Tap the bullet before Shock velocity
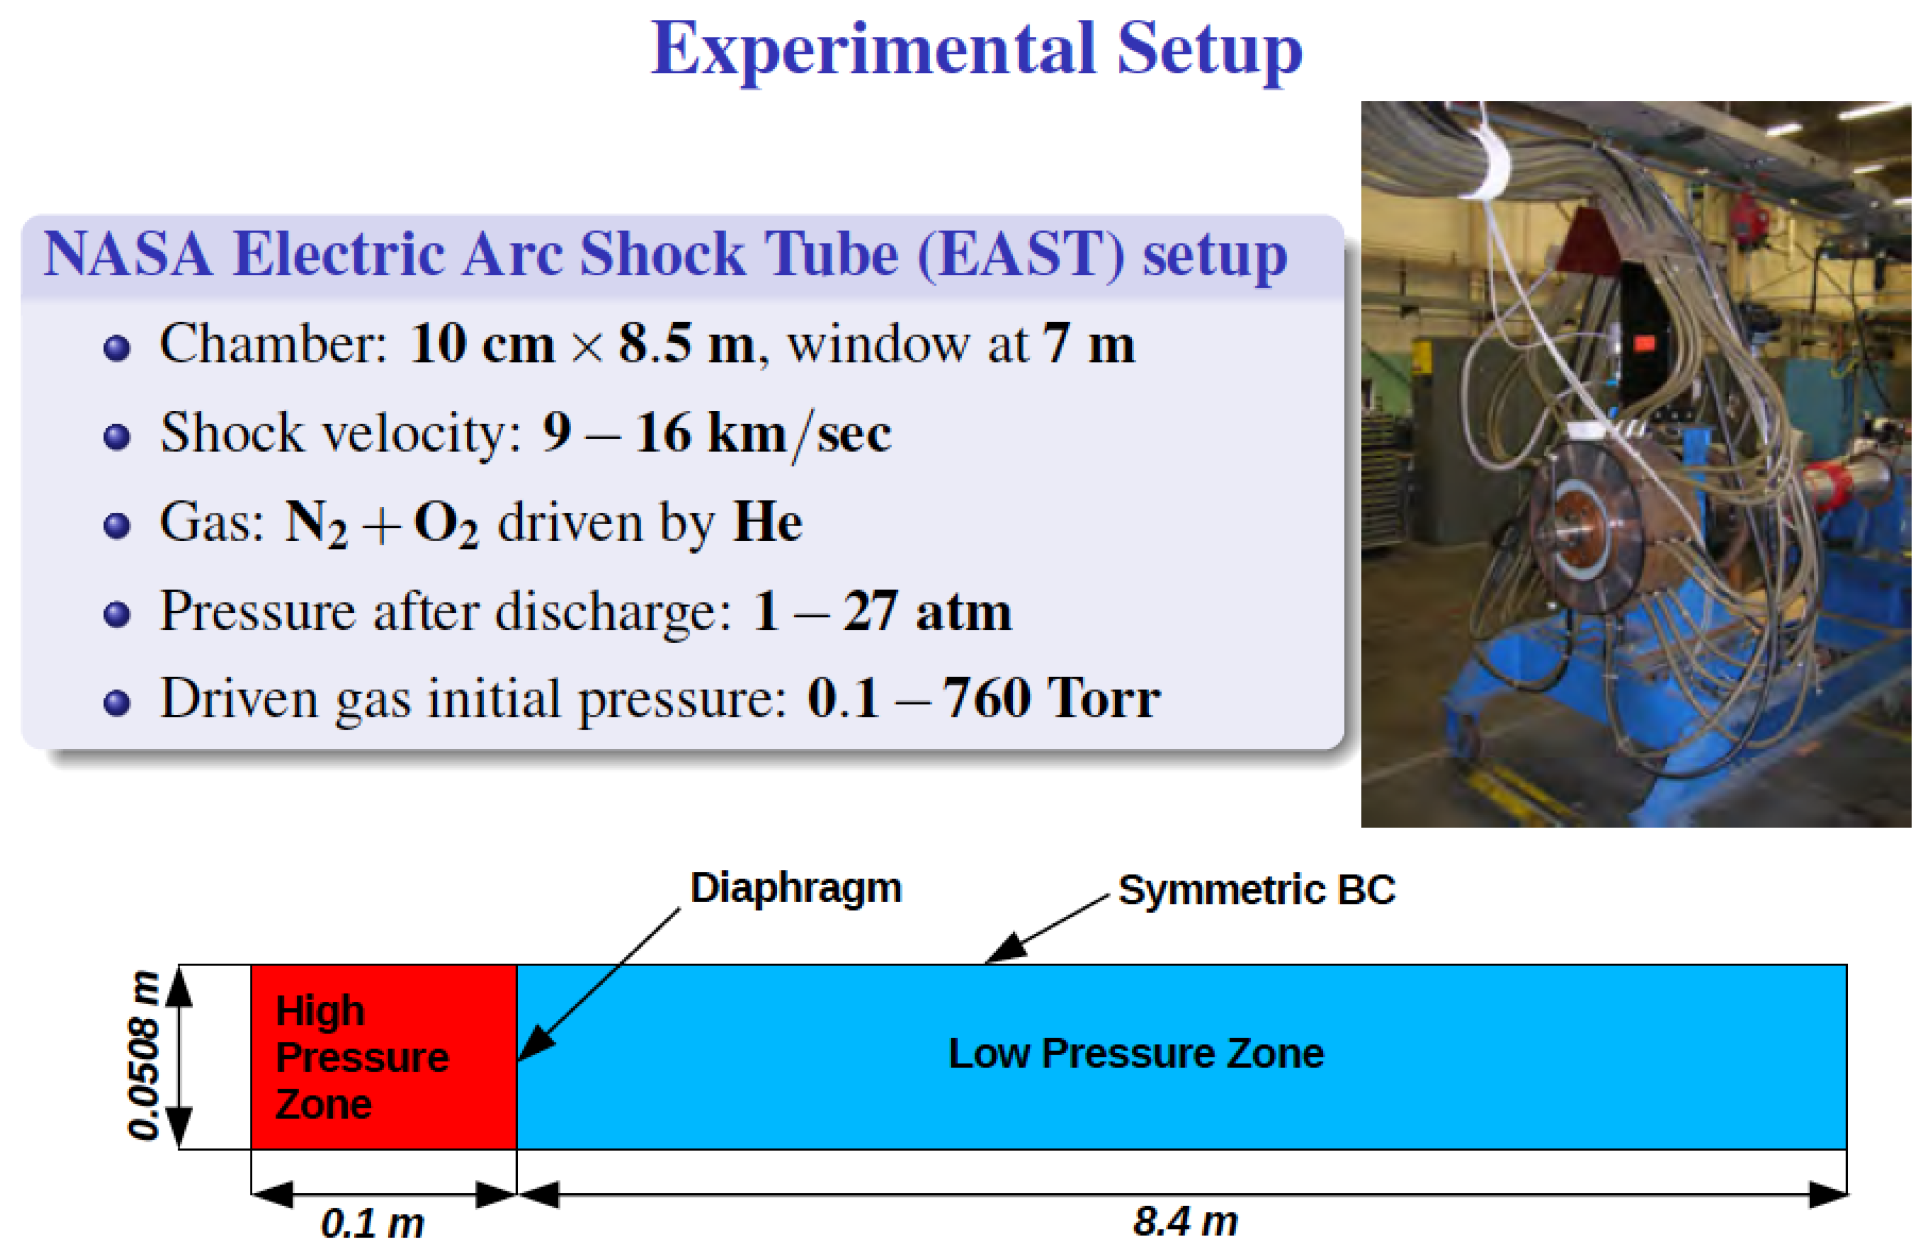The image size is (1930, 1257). (x=117, y=436)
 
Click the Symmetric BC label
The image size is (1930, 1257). (x=1256, y=890)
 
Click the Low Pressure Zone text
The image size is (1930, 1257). (x=1135, y=1053)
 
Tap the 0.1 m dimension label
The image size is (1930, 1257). (x=372, y=1223)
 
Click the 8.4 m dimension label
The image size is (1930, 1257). (x=1185, y=1221)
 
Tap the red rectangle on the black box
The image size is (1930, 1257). (x=1644, y=343)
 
